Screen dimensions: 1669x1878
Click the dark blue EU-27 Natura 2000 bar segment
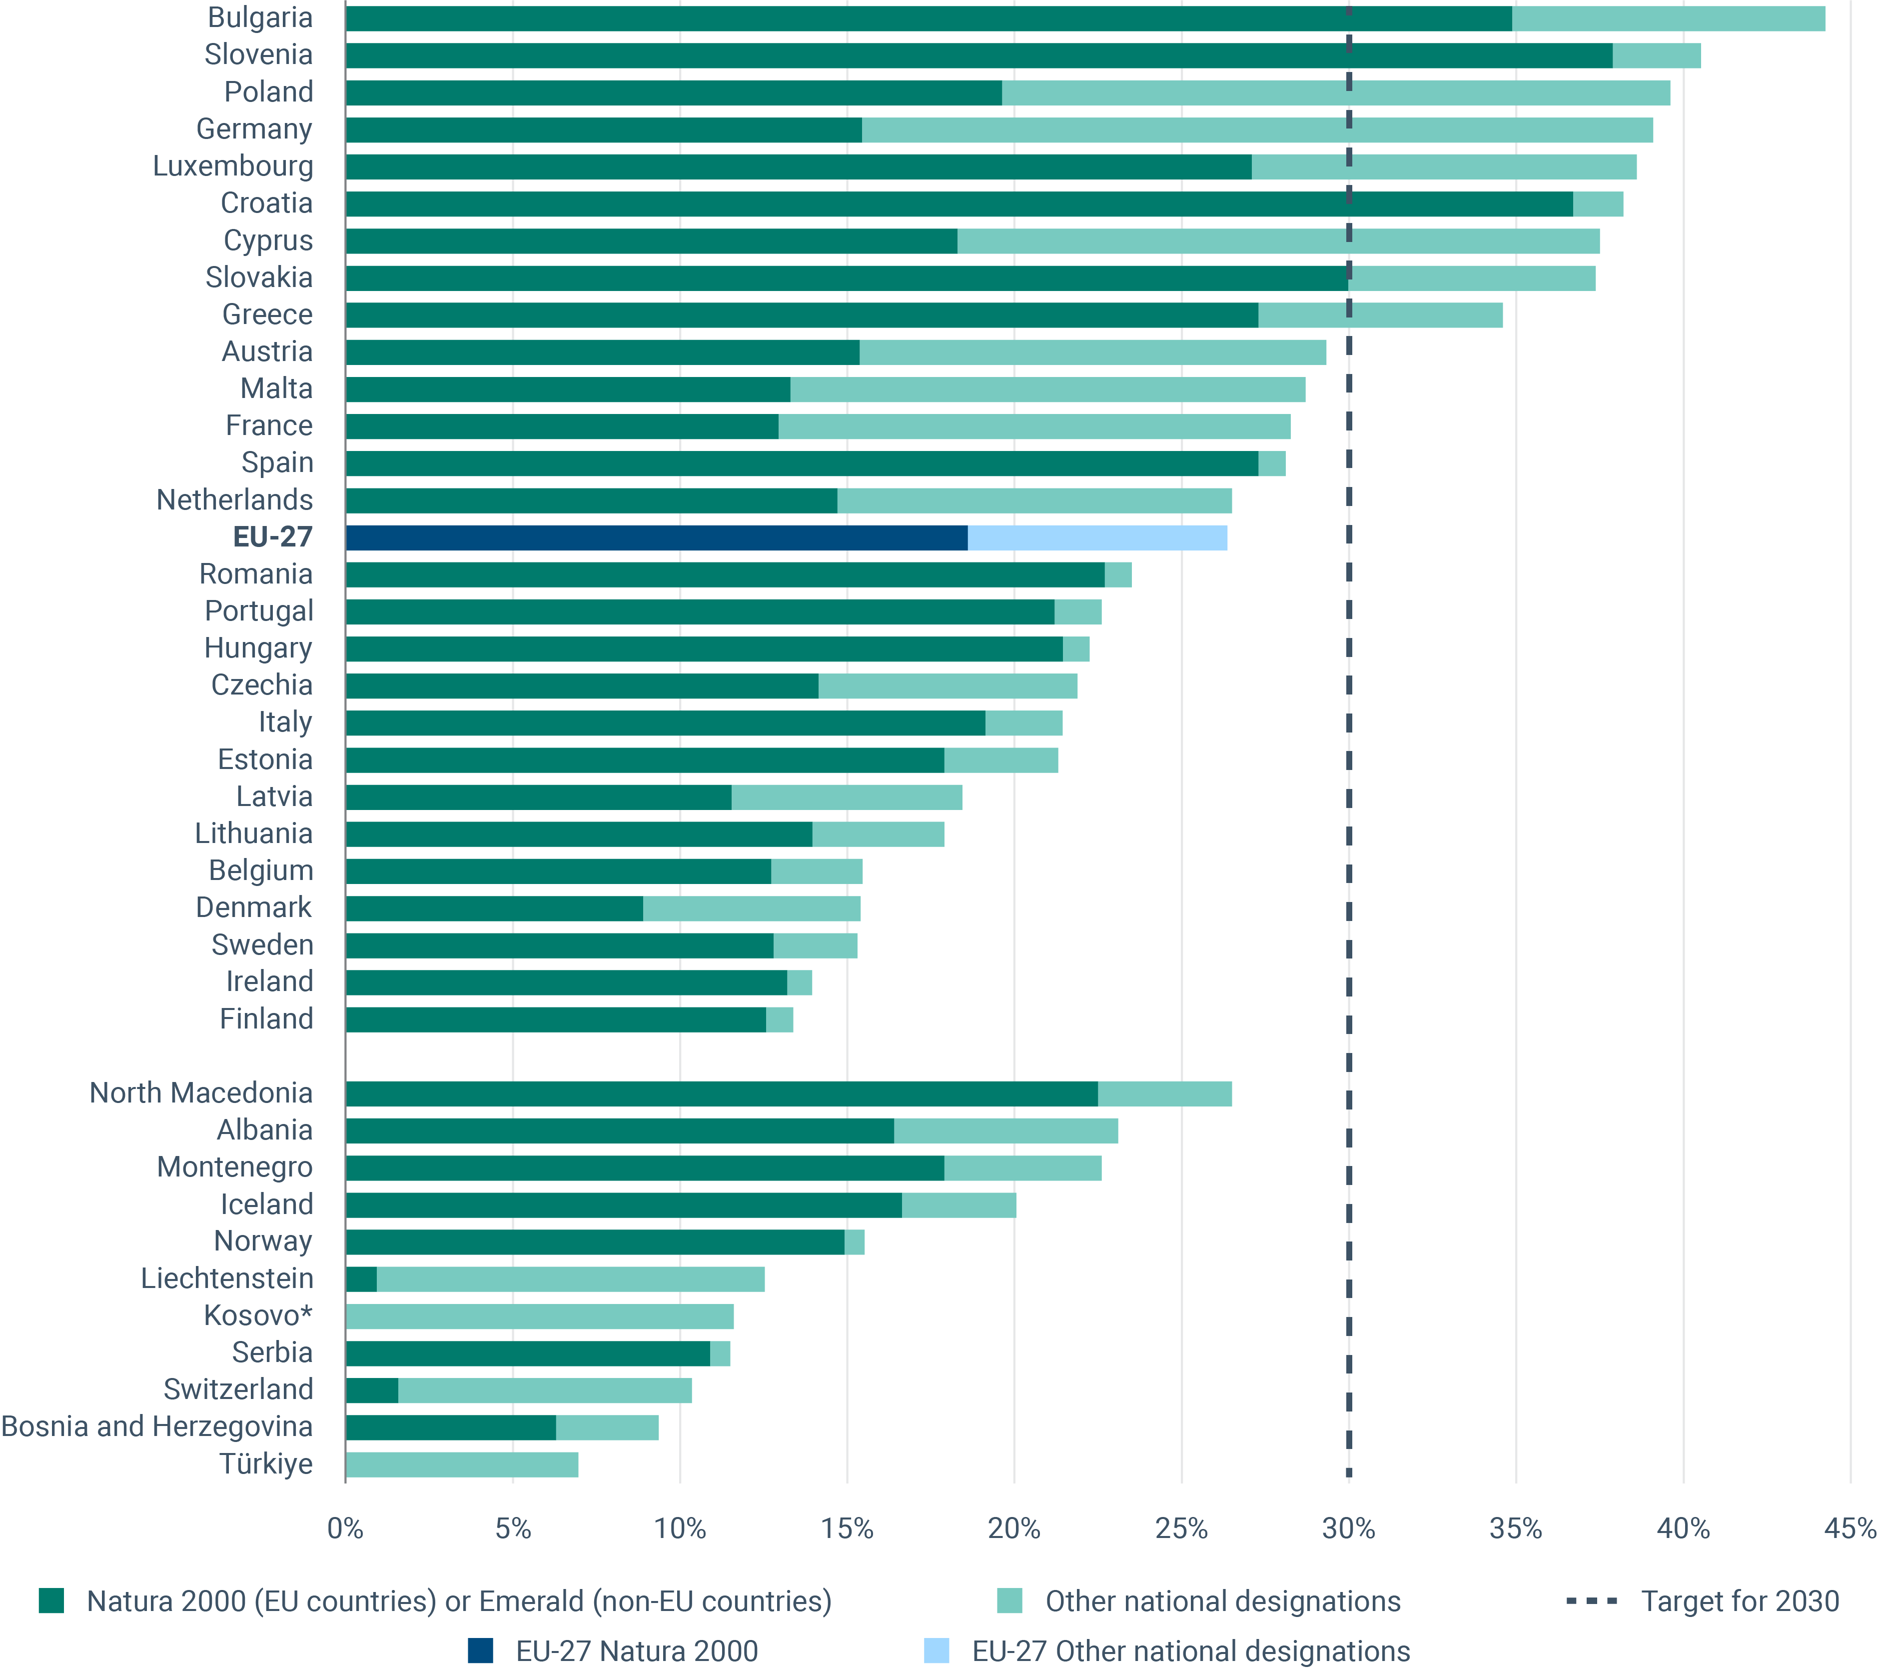(x=656, y=537)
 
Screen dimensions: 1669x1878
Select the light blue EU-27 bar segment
(x=1097, y=537)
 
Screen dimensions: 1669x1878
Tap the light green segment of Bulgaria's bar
(x=1668, y=18)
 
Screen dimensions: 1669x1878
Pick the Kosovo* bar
(x=539, y=1316)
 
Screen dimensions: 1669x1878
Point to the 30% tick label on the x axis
(x=1348, y=1529)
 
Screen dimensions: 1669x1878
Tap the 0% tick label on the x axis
(x=345, y=1529)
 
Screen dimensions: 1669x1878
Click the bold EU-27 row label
(x=273, y=536)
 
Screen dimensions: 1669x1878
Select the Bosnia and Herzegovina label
(x=157, y=1426)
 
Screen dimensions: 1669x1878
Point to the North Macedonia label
(x=201, y=1093)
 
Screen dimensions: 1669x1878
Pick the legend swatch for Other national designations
(x=1010, y=1601)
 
